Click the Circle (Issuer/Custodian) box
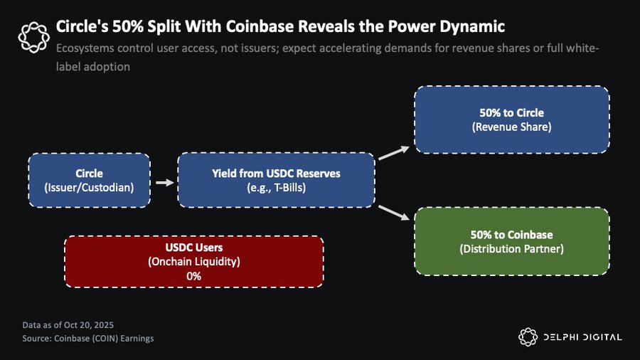click(x=89, y=180)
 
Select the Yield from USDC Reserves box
click(x=276, y=180)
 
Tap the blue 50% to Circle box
click(x=511, y=120)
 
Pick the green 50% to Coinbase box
click(x=511, y=241)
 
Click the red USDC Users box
click(x=194, y=262)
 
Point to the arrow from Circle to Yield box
click(x=164, y=182)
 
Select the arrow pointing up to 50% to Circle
click(x=394, y=152)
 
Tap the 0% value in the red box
click(x=194, y=276)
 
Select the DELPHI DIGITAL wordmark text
click(x=581, y=337)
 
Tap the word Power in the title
click(x=387, y=27)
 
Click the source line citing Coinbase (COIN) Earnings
click(x=88, y=338)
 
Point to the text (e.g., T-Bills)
click(x=276, y=187)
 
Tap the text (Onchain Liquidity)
click(x=194, y=262)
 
